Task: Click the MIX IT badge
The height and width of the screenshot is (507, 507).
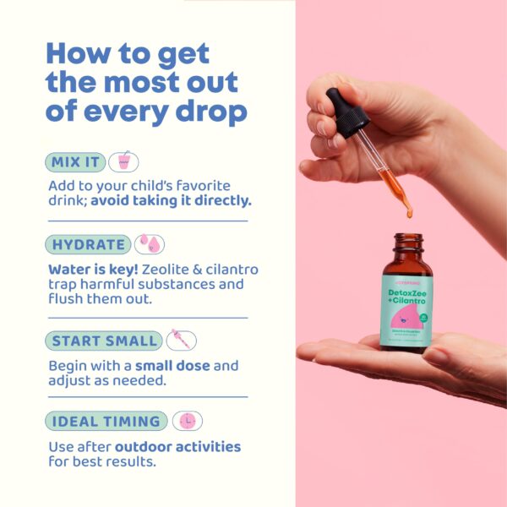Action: (74, 161)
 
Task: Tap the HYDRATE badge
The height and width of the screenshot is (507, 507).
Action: (88, 245)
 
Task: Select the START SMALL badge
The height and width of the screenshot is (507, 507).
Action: (103, 341)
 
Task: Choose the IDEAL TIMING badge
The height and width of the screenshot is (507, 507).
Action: (106, 421)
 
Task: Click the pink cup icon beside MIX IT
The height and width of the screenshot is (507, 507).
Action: (123, 161)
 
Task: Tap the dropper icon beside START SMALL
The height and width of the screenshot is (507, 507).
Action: (181, 341)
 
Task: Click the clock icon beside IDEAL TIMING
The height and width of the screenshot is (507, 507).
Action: (187, 421)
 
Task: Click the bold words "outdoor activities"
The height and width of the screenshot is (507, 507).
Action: (177, 446)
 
